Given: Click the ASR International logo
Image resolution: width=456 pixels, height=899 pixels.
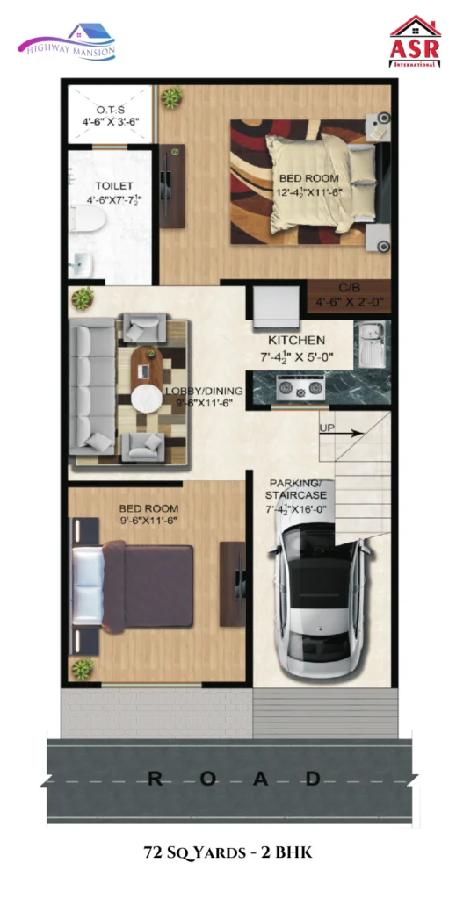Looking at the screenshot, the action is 415,41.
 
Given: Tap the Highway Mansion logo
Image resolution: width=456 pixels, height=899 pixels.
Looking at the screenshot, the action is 67,42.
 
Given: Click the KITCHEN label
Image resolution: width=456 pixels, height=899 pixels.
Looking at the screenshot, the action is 297,341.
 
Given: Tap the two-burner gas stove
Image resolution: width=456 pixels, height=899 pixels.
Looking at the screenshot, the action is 300,387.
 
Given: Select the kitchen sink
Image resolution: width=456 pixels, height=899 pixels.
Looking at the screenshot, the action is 371,343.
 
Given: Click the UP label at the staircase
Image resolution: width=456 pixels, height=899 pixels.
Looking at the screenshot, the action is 328,428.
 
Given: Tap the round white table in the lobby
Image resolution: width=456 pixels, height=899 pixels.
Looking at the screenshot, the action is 146,399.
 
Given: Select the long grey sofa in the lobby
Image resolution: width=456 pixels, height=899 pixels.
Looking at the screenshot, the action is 92,386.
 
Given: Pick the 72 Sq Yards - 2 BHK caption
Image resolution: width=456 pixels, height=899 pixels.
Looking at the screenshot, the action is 228,853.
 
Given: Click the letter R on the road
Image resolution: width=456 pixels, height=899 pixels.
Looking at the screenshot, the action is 155,779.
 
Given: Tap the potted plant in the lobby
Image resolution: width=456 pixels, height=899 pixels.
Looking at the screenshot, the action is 83,298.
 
